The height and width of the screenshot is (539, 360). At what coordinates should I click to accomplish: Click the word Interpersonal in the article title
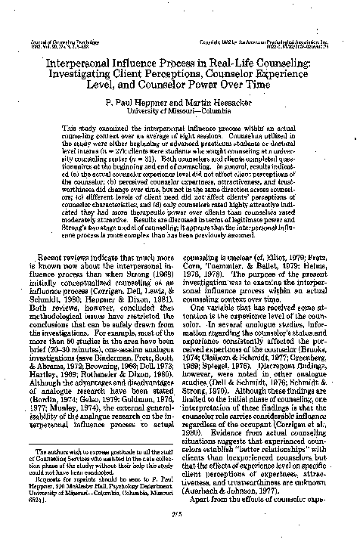65,57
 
